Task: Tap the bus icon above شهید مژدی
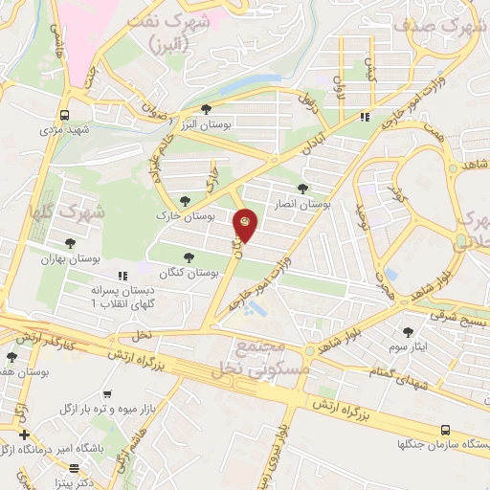(x=64, y=110)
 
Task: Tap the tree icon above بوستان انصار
(x=302, y=189)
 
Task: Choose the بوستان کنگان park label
(x=192, y=272)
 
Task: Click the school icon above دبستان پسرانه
(x=120, y=275)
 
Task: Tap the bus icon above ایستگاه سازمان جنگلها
(x=444, y=431)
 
